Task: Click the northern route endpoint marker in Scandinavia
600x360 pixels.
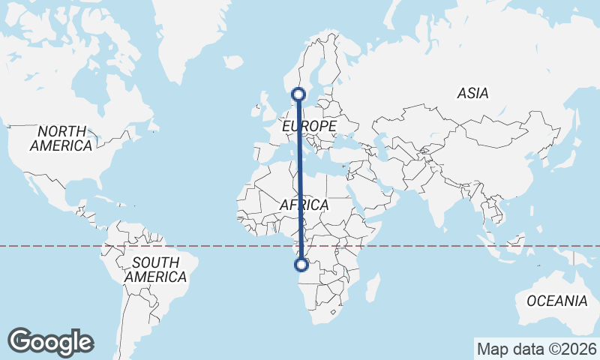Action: pyautogui.click(x=299, y=94)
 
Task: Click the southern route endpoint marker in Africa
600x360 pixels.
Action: pyautogui.click(x=301, y=264)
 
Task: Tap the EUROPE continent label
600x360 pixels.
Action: pyautogui.click(x=309, y=127)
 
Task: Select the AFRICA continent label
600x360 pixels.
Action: pyautogui.click(x=304, y=205)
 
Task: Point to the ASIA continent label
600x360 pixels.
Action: pyautogui.click(x=472, y=94)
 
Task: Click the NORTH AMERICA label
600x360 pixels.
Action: pyautogui.click(x=61, y=138)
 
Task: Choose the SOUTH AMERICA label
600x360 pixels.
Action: pyautogui.click(x=155, y=270)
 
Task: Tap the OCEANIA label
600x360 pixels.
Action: pyautogui.click(x=556, y=301)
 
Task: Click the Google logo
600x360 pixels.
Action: pyautogui.click(x=51, y=341)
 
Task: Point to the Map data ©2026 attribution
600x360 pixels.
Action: pyautogui.click(x=537, y=349)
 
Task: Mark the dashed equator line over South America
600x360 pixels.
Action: pyautogui.click(x=150, y=245)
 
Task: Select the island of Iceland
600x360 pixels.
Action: pyautogui.click(x=233, y=61)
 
